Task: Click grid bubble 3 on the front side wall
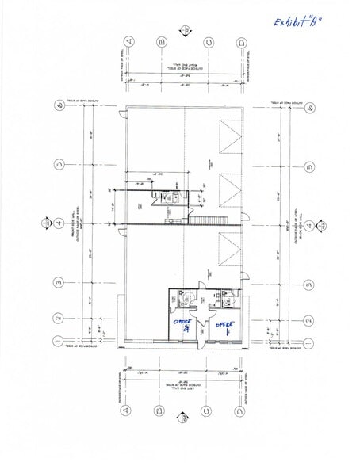coord(58,281)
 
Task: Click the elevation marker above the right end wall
coord(184,31)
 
